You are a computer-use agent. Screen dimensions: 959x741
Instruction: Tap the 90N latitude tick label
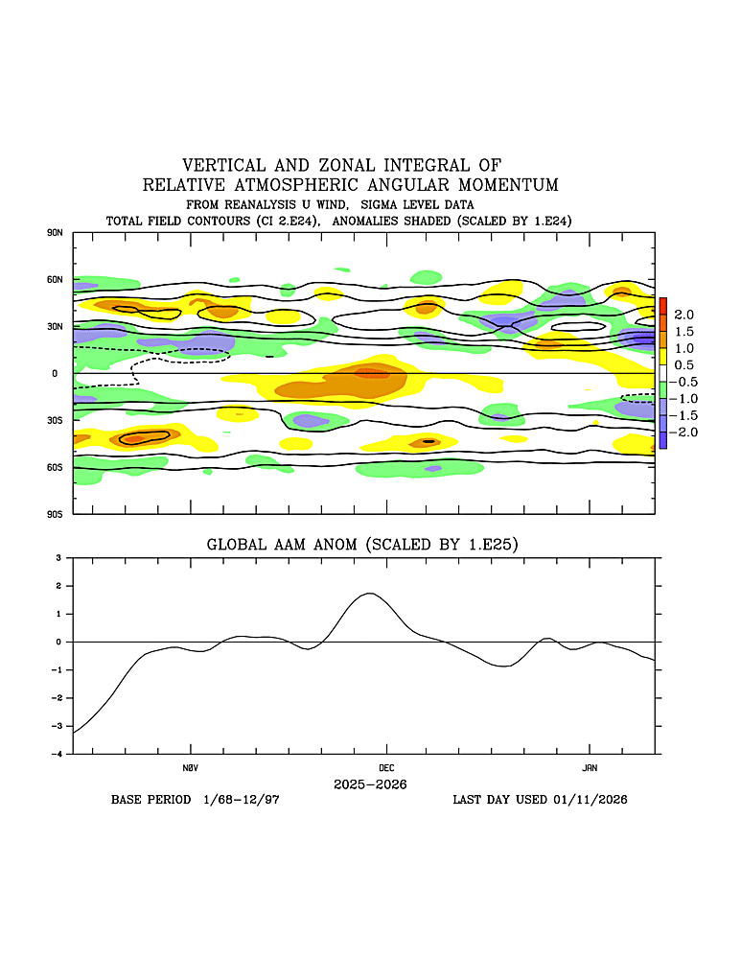tap(55, 233)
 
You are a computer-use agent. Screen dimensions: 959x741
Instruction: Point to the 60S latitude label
tap(55, 467)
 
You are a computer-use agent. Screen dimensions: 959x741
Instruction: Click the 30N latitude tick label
tap(55, 326)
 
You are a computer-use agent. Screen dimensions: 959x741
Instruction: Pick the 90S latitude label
tap(55, 514)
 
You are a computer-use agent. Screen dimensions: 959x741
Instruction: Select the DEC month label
tap(386, 768)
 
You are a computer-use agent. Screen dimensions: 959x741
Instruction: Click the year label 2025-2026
tap(370, 784)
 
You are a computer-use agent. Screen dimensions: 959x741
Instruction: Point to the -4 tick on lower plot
tap(59, 755)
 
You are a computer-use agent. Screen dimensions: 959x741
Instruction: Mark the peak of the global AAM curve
tap(370, 594)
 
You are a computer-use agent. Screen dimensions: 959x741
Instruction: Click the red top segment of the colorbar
tap(662, 306)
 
